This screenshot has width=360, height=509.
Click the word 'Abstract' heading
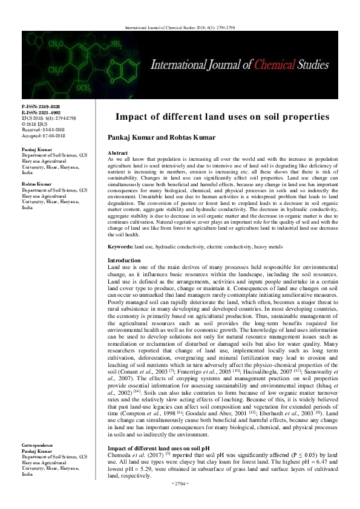tap(117, 154)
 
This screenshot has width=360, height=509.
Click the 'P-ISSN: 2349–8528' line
tap(41, 105)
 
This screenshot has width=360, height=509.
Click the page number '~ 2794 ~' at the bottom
tap(180, 499)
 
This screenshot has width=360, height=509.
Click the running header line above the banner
tap(180, 27)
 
